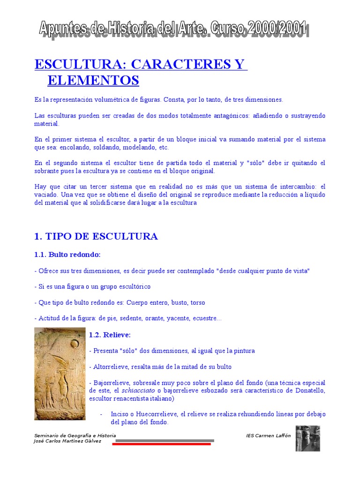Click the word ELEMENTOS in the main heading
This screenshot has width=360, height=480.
click(93, 81)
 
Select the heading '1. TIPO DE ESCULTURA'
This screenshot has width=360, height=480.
click(96, 236)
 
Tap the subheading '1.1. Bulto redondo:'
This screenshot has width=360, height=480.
click(67, 255)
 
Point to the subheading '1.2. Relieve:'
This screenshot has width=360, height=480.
click(110, 335)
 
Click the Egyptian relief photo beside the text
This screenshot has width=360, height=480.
click(60, 374)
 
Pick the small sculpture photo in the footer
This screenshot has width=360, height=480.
click(307, 438)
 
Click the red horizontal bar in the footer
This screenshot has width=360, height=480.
click(161, 444)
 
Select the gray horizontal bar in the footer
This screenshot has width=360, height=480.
click(165, 440)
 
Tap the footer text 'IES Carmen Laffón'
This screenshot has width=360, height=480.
click(268, 435)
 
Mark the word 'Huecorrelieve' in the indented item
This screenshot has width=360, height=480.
click(157, 414)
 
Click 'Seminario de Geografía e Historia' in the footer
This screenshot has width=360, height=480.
click(75, 435)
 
